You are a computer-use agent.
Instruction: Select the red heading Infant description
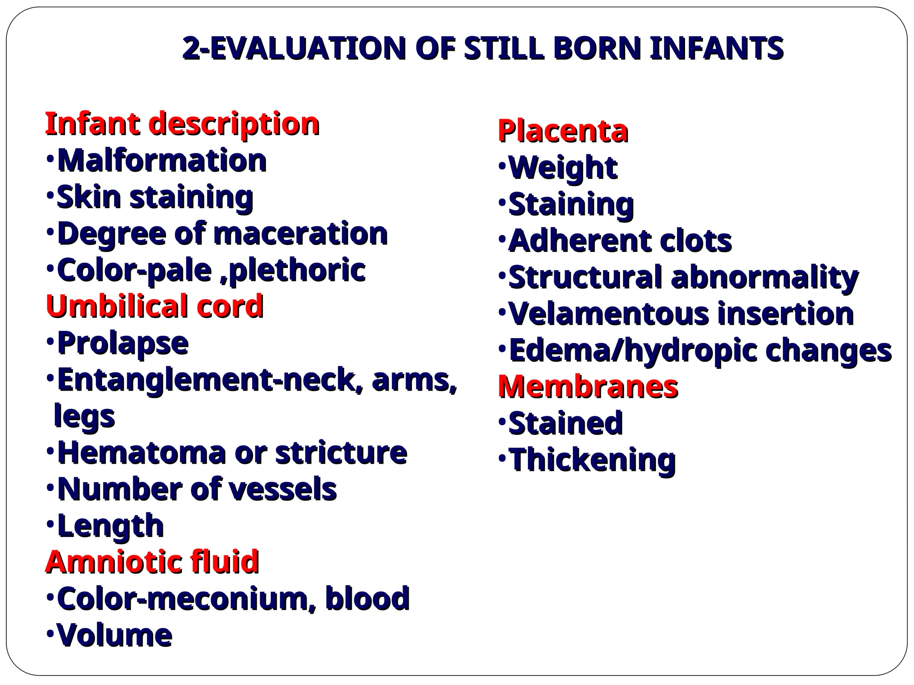pyautogui.click(x=182, y=124)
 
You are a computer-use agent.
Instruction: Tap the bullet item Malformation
pyautogui.click(x=162, y=160)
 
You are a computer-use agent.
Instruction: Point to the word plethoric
pyautogui.click(x=297, y=270)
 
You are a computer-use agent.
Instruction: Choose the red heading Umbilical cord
pyautogui.click(x=154, y=306)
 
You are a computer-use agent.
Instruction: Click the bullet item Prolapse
pyautogui.click(x=123, y=343)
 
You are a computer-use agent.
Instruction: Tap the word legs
pyautogui.click(x=84, y=416)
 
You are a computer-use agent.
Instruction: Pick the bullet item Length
pyautogui.click(x=111, y=526)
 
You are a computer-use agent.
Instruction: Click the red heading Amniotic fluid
pyautogui.click(x=152, y=561)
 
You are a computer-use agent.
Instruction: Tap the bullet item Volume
pyautogui.click(x=115, y=635)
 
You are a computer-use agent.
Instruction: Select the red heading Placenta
pyautogui.click(x=563, y=131)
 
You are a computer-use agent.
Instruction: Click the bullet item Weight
pyautogui.click(x=563, y=168)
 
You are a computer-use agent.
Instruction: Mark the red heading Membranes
pyautogui.click(x=588, y=386)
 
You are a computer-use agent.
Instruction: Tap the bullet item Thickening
pyautogui.click(x=592, y=460)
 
